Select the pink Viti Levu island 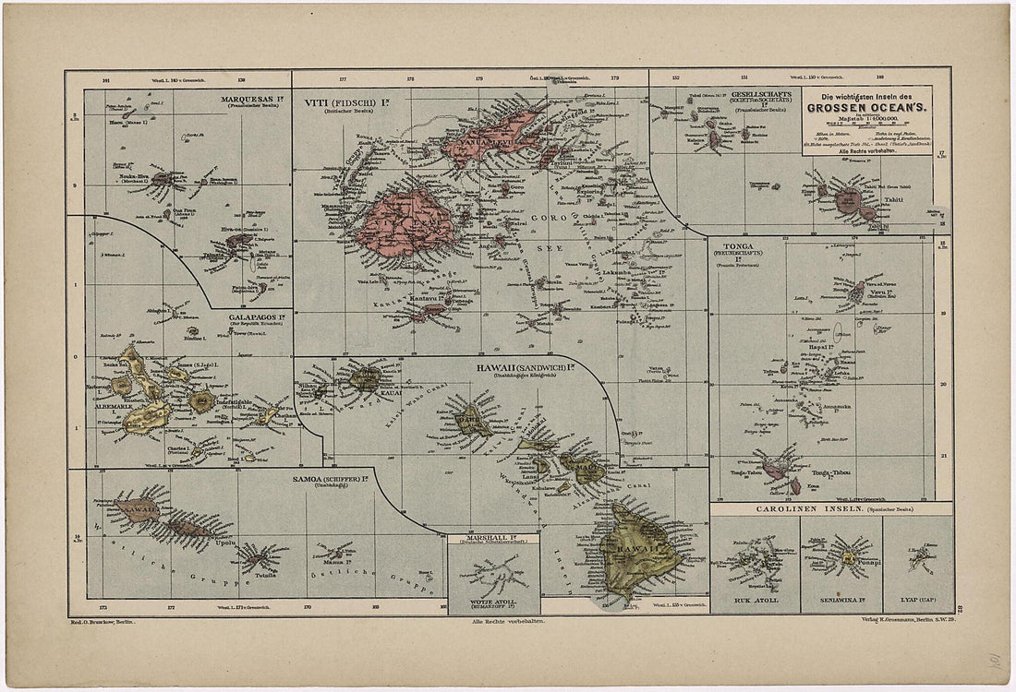pos(408,225)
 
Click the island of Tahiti pos(851,201)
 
